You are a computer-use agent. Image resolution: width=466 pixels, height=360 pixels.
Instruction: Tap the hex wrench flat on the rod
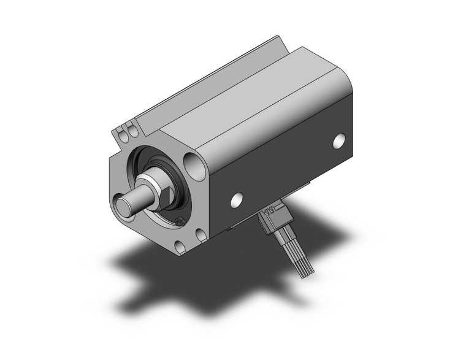[x=164, y=194]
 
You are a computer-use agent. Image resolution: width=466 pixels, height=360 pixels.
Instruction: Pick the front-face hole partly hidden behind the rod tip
[x=118, y=200]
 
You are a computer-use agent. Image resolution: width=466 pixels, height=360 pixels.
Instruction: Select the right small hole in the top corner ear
[x=131, y=129]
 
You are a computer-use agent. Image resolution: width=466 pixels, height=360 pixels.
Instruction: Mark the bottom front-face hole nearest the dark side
[x=200, y=234]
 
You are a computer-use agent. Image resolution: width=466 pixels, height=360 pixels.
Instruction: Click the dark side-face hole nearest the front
[x=236, y=199]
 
